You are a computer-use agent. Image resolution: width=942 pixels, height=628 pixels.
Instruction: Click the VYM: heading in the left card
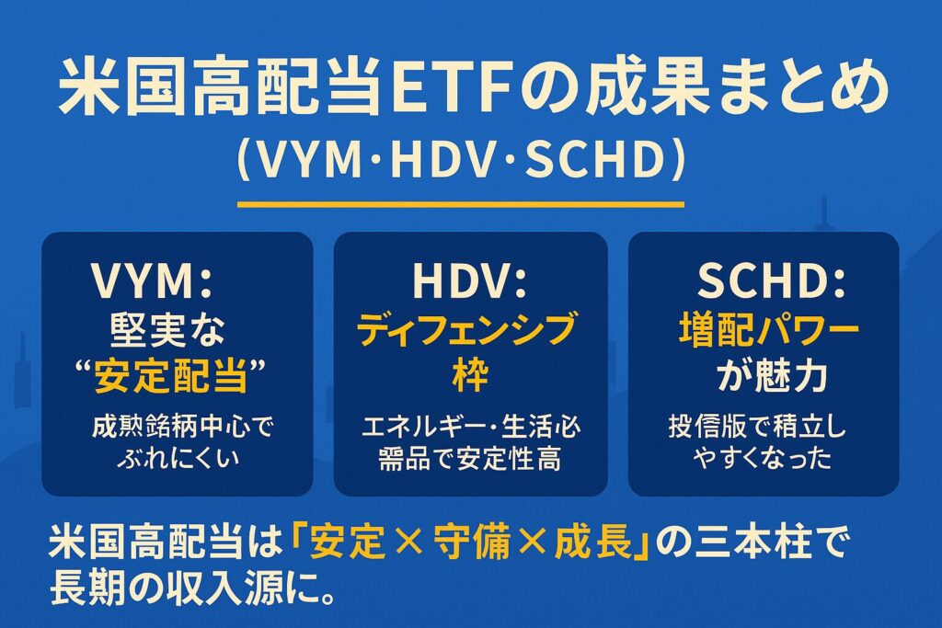(x=165, y=282)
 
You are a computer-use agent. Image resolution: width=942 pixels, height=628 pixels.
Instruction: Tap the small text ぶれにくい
(x=177, y=458)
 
